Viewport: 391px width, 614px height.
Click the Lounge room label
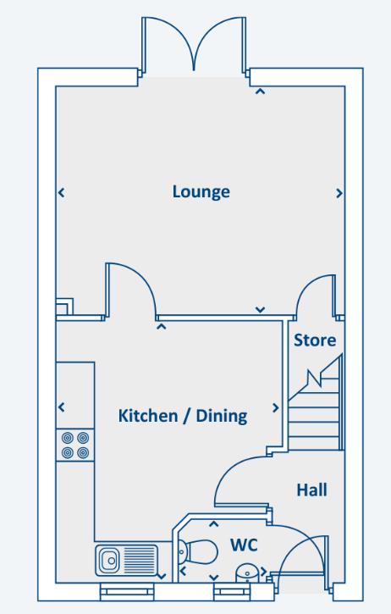201,191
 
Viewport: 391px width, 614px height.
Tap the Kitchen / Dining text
182,416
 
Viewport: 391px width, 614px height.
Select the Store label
315,340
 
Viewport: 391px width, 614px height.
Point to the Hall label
311,489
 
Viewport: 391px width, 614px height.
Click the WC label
245,546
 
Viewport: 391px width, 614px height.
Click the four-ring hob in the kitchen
75,445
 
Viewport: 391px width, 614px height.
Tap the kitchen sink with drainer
124,560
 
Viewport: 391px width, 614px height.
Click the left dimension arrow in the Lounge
60,193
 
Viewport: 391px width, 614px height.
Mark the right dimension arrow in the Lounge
339,193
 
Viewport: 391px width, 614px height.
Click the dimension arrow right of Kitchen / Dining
275,408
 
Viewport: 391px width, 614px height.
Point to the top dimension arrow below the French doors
260,91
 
